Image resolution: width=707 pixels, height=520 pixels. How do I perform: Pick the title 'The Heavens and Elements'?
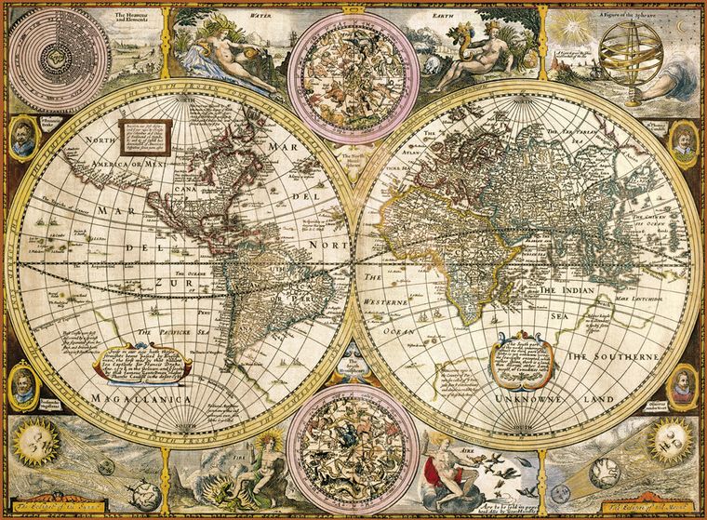click(x=131, y=18)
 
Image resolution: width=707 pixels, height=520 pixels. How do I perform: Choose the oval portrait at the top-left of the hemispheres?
click(x=25, y=138)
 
